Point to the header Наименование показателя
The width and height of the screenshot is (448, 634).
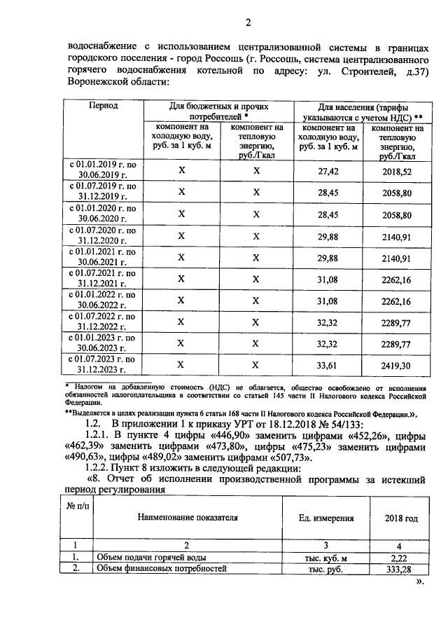click(x=186, y=518)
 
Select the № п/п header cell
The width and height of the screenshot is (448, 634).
click(x=75, y=506)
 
